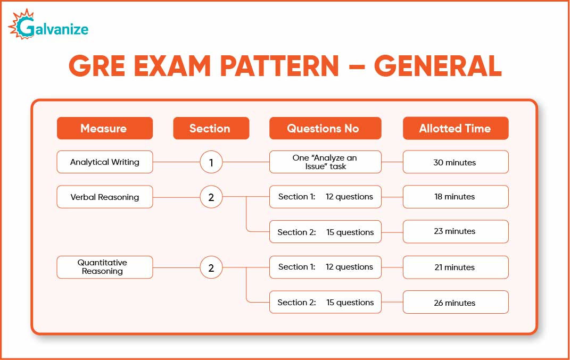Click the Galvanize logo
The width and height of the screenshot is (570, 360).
(x=48, y=25)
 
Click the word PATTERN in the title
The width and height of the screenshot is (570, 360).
(x=279, y=66)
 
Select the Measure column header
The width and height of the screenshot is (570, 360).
(x=104, y=128)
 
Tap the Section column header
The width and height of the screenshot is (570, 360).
(x=211, y=128)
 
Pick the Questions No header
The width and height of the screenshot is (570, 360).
(x=325, y=128)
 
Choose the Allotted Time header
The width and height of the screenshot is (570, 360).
(x=455, y=128)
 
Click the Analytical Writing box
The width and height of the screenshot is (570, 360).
(x=104, y=162)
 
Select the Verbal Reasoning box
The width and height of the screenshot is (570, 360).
(x=104, y=197)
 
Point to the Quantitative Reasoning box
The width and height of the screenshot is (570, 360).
(x=104, y=267)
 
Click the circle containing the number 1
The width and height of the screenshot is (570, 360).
(x=211, y=162)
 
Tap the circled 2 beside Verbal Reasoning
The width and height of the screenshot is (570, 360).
(x=211, y=197)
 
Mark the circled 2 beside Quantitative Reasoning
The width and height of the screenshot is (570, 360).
(x=211, y=268)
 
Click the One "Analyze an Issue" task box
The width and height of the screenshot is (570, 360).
(x=325, y=162)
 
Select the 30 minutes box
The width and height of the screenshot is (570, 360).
(x=455, y=162)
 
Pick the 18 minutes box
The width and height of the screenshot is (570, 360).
(x=455, y=197)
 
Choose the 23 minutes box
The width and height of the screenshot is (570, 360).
(x=455, y=231)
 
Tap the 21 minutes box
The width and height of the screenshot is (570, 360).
(x=455, y=267)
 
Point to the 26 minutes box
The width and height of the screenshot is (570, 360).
(x=455, y=303)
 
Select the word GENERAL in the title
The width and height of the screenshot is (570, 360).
(x=437, y=66)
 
